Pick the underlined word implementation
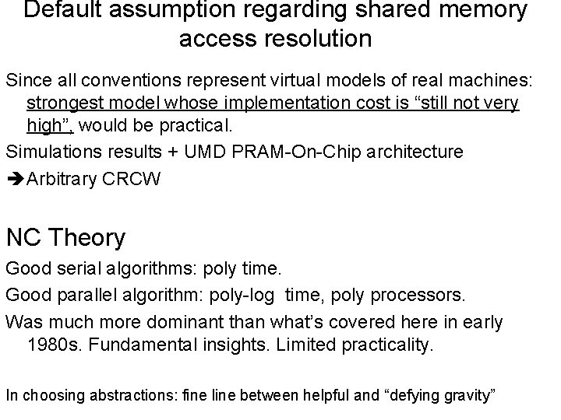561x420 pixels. [x=273, y=104]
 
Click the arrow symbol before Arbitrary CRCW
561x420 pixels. [x=15, y=180]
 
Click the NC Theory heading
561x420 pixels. [x=65, y=237]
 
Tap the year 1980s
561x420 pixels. [x=55, y=345]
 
